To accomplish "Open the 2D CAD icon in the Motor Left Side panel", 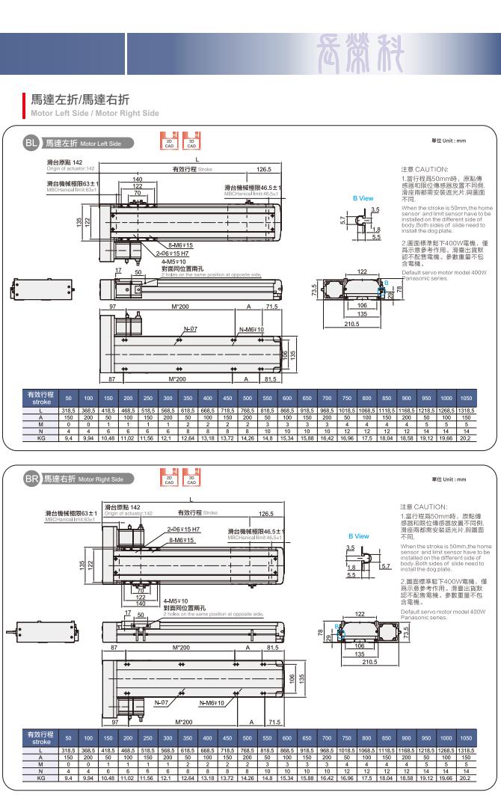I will tap(170, 142).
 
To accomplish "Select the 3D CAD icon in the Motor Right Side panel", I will tap(191, 477).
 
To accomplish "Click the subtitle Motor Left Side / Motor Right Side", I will tap(94, 114).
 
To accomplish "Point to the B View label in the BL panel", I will tap(363, 198).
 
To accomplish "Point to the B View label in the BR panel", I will tap(359, 536).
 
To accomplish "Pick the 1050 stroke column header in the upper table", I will tap(466, 399).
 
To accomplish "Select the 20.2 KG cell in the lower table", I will tap(466, 778).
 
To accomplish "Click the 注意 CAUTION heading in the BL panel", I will tap(424, 170).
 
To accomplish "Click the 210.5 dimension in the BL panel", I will tap(353, 324).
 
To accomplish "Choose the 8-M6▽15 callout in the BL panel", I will tap(179, 245).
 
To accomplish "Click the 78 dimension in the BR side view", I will tap(322, 634).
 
